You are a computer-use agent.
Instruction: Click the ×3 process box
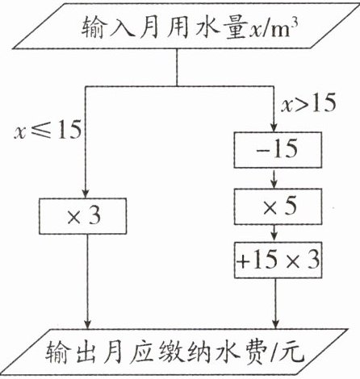tap(83, 216)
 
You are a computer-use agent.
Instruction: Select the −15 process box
tap(278, 150)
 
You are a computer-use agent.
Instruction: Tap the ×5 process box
tap(278, 206)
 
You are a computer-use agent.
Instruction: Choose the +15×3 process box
tap(278, 260)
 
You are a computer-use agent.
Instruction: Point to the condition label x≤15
tap(48, 130)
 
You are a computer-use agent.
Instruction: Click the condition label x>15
tap(308, 102)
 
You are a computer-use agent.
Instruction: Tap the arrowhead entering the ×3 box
tap(86, 194)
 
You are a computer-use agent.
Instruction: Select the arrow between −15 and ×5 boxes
tap(274, 178)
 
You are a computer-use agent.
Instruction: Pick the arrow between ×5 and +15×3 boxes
tap(274, 233)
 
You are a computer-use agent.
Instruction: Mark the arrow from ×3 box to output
tap(87, 281)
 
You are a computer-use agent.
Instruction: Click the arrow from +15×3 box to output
tap(275, 303)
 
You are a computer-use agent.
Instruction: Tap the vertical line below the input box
tap(177, 68)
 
